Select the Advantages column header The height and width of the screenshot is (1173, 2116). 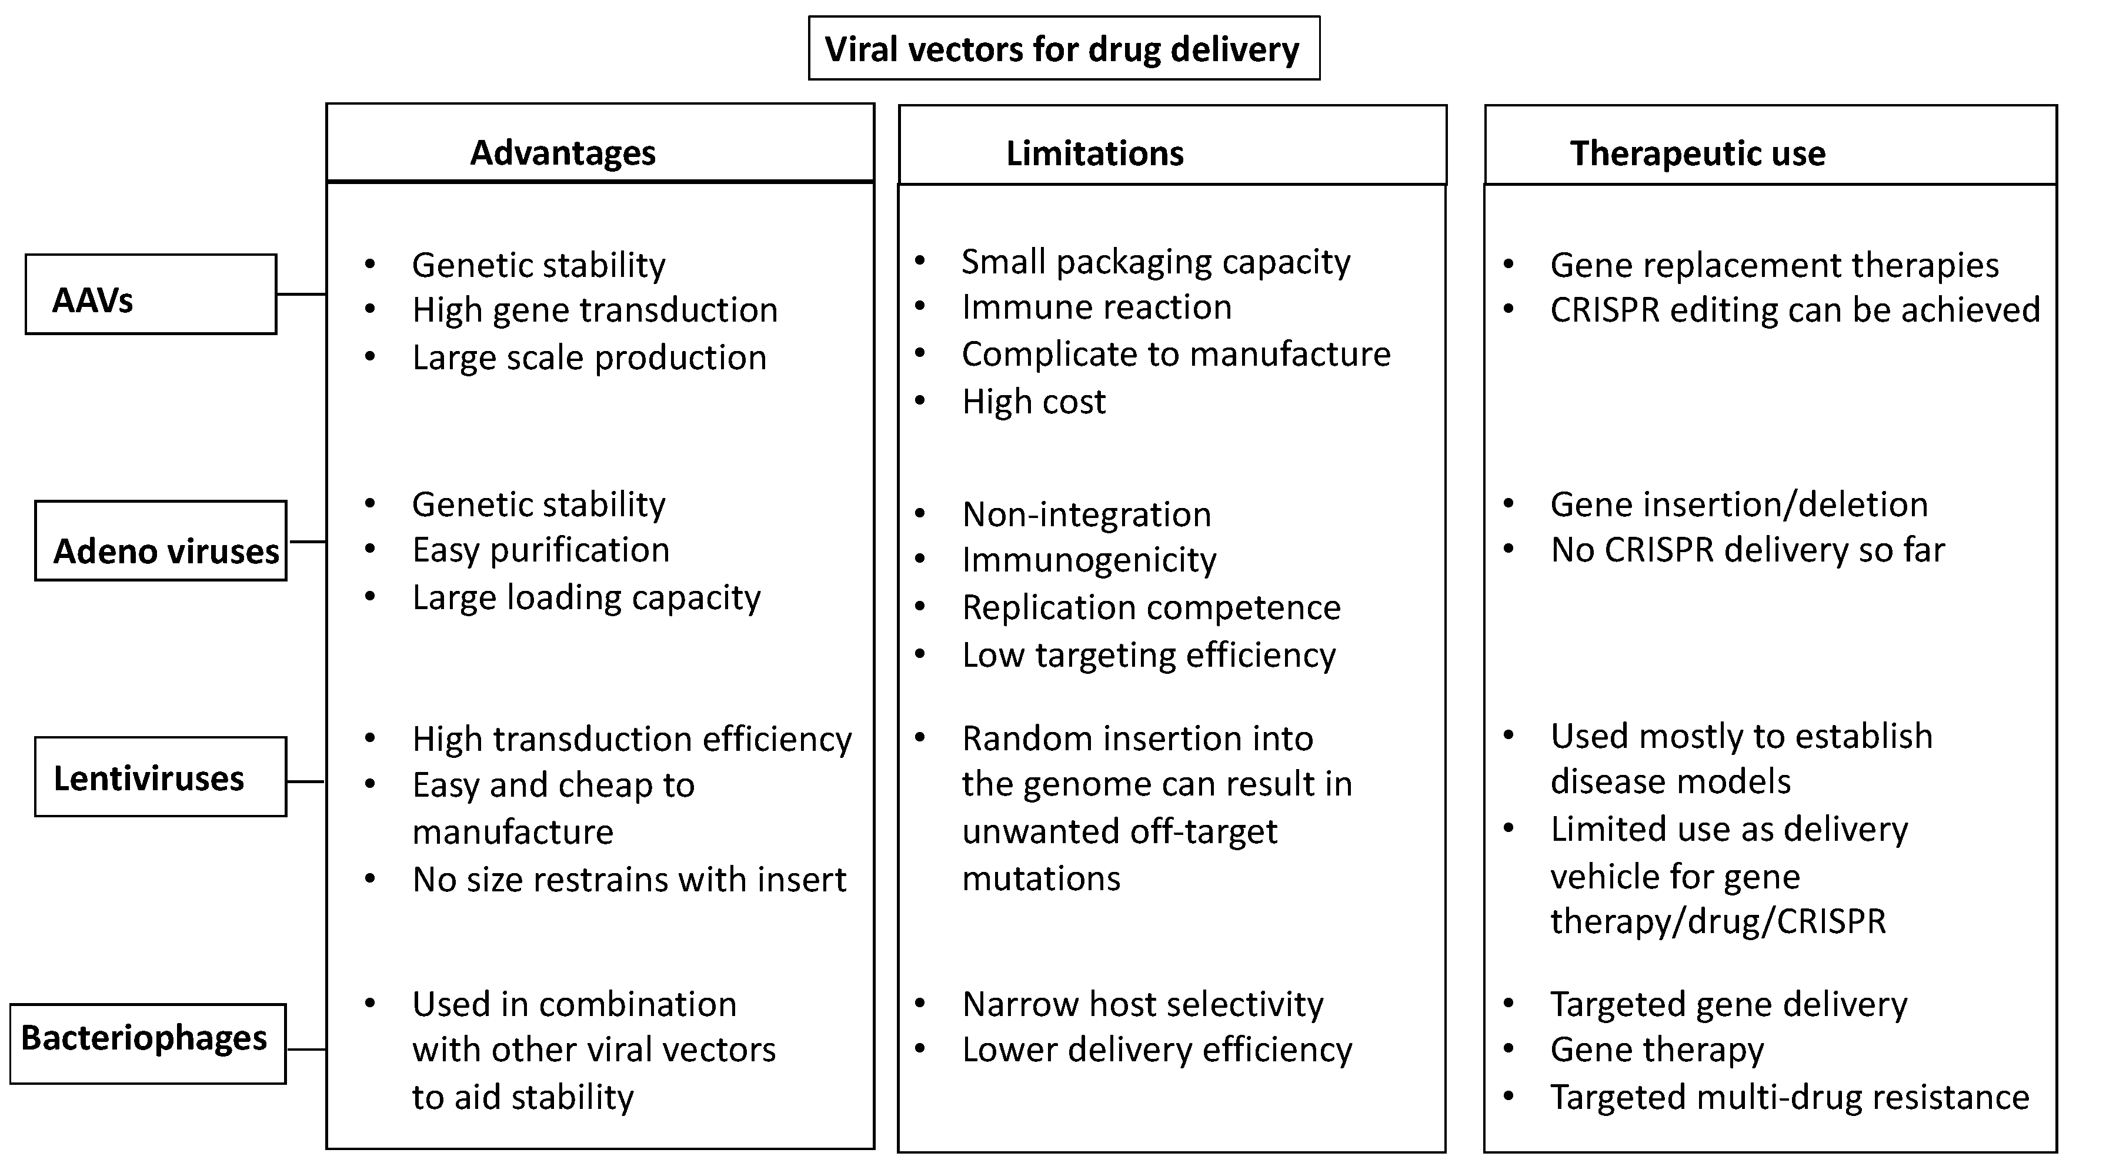(563, 153)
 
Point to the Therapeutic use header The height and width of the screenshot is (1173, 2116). (1697, 153)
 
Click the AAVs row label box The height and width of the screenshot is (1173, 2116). (151, 294)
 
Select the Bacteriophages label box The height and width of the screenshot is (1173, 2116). (148, 1043)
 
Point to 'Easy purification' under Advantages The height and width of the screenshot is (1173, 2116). (540, 550)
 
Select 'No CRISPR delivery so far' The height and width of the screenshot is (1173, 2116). (1747, 550)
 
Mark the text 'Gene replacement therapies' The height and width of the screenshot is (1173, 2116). (1774, 265)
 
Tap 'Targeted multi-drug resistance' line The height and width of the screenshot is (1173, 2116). (1789, 1097)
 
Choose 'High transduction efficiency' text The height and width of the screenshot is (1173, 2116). (632, 739)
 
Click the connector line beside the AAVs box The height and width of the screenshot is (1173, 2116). (302, 294)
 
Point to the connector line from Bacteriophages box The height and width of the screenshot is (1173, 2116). (306, 1049)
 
